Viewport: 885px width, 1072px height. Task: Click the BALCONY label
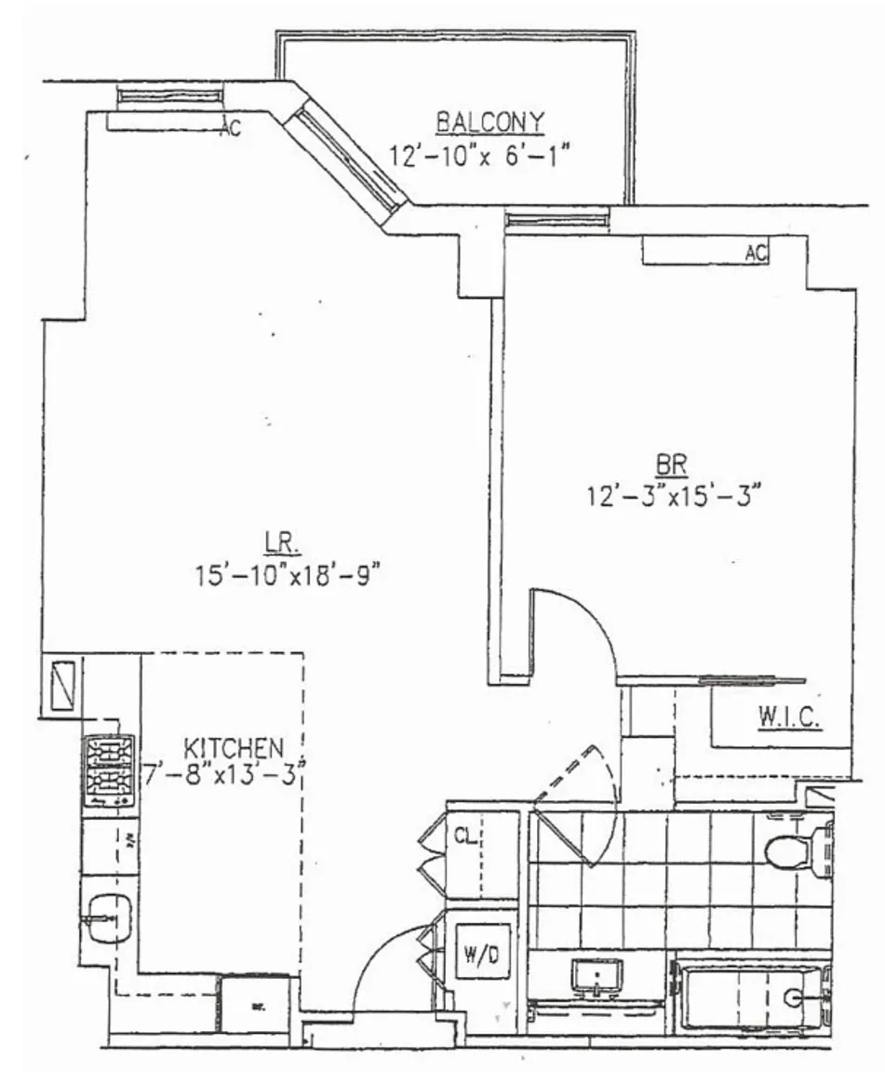[489, 122]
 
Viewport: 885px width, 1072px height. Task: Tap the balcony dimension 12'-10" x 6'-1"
[478, 154]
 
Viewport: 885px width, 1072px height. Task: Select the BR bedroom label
[671, 463]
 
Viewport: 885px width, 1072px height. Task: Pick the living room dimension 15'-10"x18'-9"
[288, 575]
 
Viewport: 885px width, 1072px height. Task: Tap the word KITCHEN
[233, 747]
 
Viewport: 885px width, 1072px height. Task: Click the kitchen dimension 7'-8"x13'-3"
[227, 772]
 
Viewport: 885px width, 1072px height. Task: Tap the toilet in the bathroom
[795, 848]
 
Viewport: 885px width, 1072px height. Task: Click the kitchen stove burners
[109, 770]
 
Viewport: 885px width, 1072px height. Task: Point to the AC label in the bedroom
[756, 252]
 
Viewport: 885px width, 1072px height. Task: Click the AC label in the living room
[229, 129]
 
